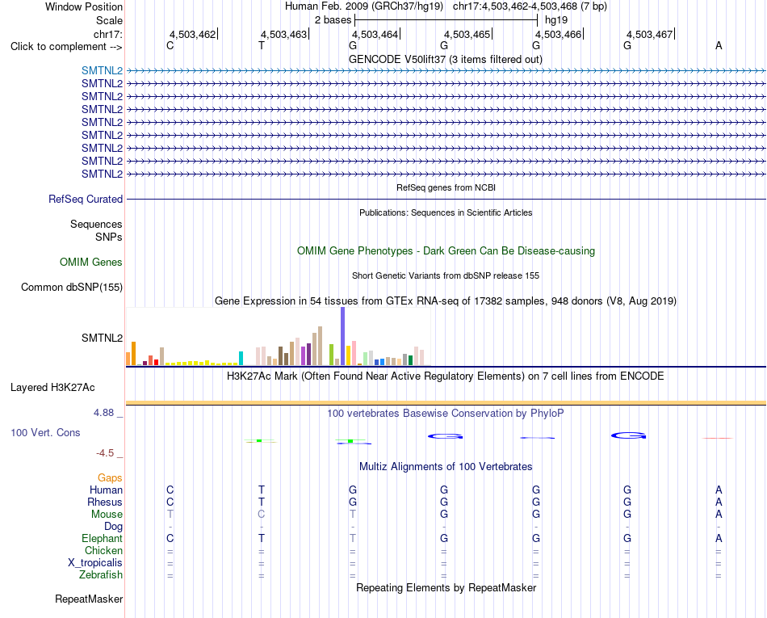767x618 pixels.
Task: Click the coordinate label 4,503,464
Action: [375, 34]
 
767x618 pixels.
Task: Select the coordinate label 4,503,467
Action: [650, 34]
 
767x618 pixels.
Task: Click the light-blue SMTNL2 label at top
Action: [103, 70]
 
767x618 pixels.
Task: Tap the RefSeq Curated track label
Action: [86, 200]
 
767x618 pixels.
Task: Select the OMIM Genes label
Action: [91, 263]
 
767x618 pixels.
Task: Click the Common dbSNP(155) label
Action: [72, 288]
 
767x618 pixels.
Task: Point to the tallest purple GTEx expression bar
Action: [342, 336]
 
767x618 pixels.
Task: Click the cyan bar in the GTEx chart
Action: [241, 358]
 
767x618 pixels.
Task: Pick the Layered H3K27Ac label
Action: [52, 388]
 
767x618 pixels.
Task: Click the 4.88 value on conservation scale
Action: [103, 413]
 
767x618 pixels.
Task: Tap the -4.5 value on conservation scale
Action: [105, 453]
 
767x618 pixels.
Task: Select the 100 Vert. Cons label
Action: [45, 432]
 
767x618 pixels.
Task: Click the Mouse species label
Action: [107, 515]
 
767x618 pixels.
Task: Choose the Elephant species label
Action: [103, 538]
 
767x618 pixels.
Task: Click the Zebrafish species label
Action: [101, 574]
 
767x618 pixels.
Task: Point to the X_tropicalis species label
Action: [95, 563]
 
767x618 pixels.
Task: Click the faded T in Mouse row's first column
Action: [170, 515]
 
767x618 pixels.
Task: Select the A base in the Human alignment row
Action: [719, 490]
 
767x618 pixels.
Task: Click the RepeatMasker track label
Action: [89, 599]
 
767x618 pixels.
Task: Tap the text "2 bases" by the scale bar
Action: [333, 20]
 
